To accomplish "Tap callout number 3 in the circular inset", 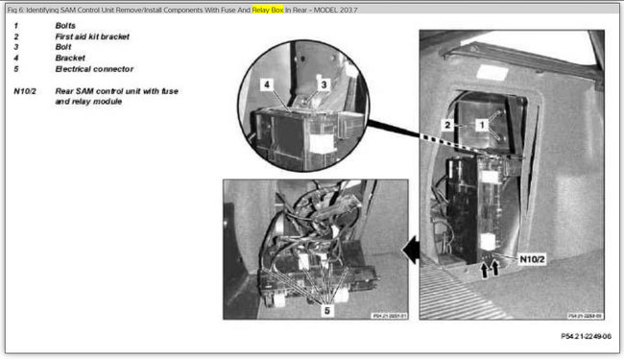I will (x=324, y=84).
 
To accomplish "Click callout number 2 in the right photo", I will (x=446, y=125).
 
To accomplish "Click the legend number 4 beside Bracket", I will (x=15, y=58).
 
